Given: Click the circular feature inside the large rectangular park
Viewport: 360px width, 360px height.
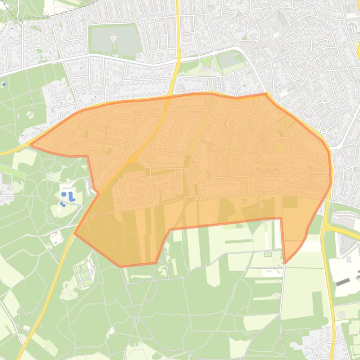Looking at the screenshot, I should click(113, 38).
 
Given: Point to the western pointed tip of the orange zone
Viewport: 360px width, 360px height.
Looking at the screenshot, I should click(31, 144).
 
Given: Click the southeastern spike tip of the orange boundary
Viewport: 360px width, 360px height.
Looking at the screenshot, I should click(285, 263).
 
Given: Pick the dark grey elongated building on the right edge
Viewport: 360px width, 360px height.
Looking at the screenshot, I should click(343, 282).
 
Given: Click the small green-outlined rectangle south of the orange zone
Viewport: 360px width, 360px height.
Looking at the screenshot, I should click(267, 254).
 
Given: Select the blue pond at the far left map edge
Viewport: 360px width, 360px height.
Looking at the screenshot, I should click(4, 86).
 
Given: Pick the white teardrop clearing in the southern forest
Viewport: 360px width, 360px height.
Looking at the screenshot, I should click(111, 332).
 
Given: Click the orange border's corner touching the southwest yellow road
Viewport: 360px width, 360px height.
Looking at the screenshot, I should click(75, 233).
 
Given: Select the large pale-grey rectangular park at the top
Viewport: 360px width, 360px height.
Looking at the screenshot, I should click(115, 39).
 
